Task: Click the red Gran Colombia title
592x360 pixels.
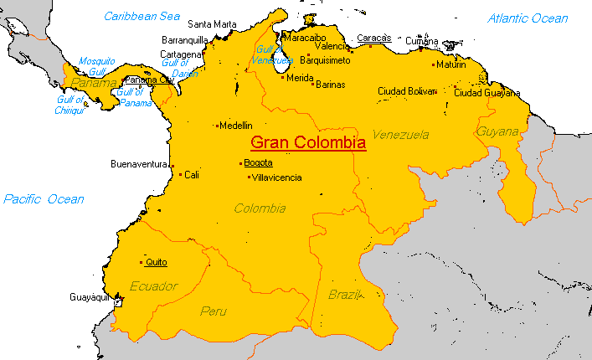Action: [308, 143]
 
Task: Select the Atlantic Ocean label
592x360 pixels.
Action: [528, 18]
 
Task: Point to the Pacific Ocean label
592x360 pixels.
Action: [44, 199]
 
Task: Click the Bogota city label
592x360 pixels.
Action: [258, 162]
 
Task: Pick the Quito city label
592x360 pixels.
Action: [156, 262]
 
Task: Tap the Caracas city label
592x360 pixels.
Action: [373, 38]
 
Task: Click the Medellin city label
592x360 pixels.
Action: [235, 126]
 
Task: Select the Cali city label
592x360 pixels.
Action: [192, 175]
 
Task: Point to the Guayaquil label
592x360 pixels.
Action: [90, 297]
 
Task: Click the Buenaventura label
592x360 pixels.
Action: [140, 164]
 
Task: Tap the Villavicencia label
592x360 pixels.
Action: [277, 177]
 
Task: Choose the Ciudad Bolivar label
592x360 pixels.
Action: [407, 90]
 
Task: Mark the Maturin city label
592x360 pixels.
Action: [451, 64]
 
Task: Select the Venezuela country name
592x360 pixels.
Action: [400, 134]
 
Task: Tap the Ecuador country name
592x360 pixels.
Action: [154, 286]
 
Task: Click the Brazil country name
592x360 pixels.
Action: [344, 295]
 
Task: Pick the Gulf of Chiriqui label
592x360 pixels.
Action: [70, 105]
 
